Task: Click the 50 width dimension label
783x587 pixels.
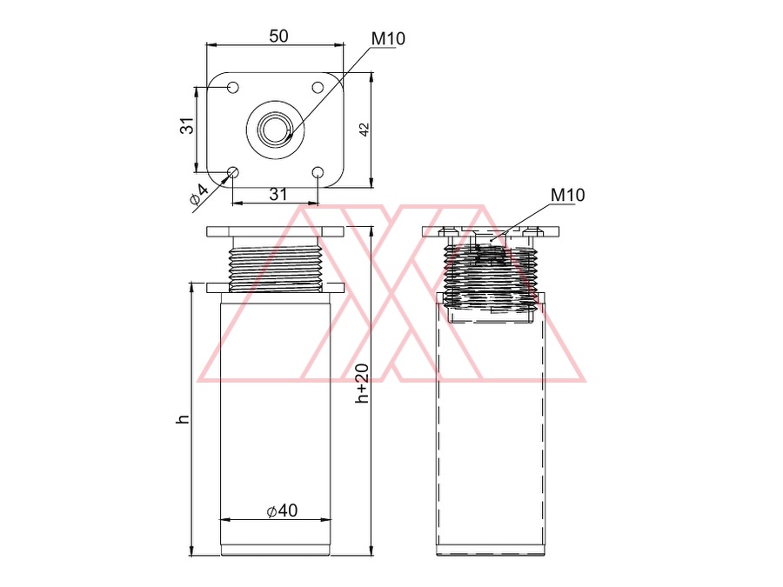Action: [x=278, y=36]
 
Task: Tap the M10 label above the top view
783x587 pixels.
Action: [x=388, y=38]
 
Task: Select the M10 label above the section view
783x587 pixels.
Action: [x=567, y=195]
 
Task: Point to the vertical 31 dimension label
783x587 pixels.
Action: [x=186, y=126]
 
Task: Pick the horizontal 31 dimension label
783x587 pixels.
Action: [x=278, y=194]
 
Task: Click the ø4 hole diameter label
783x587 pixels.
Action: [x=198, y=195]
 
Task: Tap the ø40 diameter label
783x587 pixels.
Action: [x=283, y=510]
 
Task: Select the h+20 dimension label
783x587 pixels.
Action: [x=362, y=384]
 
